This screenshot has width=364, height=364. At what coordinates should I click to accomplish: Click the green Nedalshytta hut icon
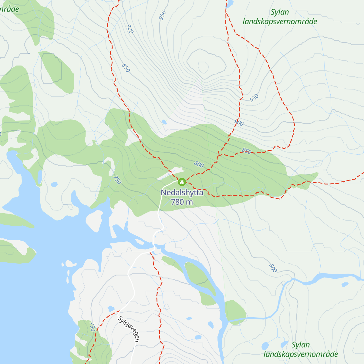(182, 182)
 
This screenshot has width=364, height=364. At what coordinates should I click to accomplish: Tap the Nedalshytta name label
(182, 193)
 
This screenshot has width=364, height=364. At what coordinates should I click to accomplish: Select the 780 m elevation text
(182, 202)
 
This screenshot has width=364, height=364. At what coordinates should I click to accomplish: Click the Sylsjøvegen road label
(129, 329)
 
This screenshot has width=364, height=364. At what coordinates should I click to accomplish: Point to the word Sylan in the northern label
(280, 12)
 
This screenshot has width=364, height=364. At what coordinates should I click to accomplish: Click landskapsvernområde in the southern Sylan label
(301, 354)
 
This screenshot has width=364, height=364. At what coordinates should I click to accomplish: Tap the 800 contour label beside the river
(273, 268)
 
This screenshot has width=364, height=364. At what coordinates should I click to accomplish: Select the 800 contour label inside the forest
(199, 165)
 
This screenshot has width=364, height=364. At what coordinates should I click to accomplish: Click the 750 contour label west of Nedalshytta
(117, 180)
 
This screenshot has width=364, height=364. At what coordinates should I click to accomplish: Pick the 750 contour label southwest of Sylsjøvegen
(93, 327)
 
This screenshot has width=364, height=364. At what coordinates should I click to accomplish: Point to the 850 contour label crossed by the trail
(247, 151)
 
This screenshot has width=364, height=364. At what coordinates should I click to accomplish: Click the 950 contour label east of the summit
(254, 98)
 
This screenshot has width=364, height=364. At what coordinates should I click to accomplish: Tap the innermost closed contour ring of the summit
(203, 67)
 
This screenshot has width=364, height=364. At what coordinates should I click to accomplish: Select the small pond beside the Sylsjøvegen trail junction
(111, 309)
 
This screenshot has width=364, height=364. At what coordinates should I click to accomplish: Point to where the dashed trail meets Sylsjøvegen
(118, 311)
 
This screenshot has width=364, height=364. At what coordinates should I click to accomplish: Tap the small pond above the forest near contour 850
(164, 122)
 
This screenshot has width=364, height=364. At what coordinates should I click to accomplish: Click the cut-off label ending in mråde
(9, 9)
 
